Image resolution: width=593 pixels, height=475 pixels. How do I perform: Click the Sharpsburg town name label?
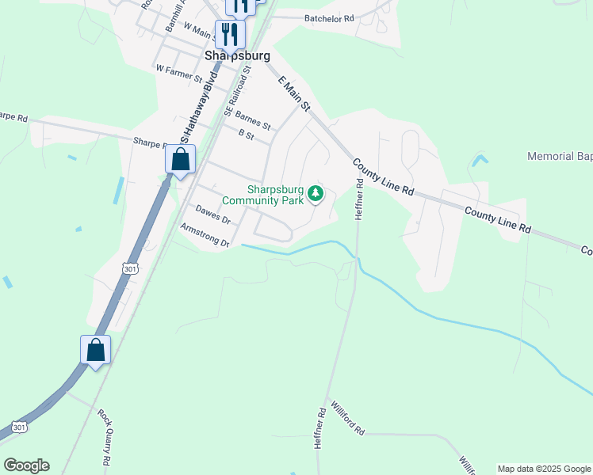[x=237, y=56]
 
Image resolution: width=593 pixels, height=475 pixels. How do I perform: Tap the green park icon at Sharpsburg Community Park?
[x=316, y=194]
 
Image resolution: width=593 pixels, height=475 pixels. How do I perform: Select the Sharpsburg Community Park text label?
[x=275, y=195]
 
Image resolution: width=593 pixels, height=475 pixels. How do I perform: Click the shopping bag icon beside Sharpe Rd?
[x=181, y=159]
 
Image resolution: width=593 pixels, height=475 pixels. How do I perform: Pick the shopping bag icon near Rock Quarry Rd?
[x=95, y=350]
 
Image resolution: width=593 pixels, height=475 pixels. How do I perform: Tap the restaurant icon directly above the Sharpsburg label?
[x=230, y=33]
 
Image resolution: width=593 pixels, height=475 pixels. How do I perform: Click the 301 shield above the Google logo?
[x=21, y=427]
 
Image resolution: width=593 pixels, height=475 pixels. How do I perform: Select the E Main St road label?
[x=293, y=93]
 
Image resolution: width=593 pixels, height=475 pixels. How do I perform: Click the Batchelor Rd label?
[x=328, y=17]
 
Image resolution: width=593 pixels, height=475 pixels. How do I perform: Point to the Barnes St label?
[x=252, y=120]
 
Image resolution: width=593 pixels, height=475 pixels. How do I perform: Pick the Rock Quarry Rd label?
[x=105, y=437]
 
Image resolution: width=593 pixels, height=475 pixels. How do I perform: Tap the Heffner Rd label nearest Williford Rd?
[x=319, y=428]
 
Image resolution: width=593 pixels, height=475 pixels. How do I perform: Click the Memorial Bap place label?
[x=560, y=157]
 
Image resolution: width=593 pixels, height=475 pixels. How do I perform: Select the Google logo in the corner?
[x=26, y=465]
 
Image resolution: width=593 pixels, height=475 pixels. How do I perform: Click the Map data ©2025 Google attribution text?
[x=544, y=469]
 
